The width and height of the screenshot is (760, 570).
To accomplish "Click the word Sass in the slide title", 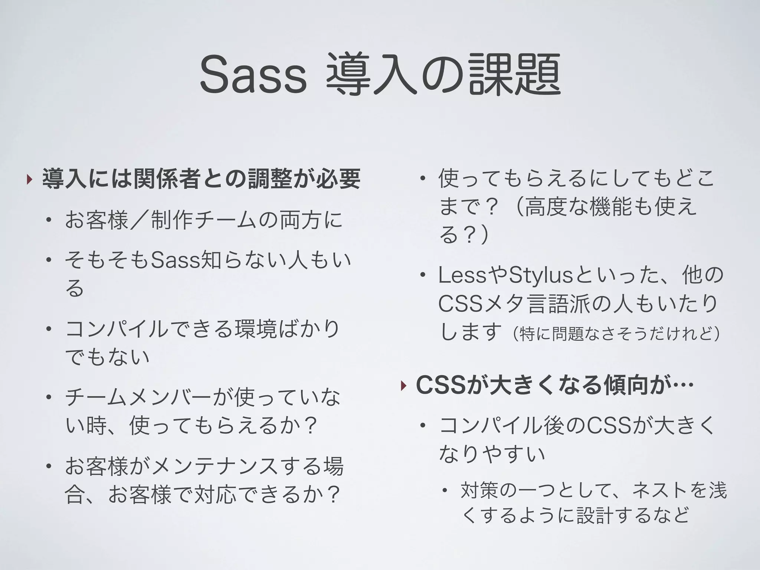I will click(x=253, y=75).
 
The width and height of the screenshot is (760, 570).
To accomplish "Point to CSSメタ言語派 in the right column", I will click(x=514, y=304).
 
